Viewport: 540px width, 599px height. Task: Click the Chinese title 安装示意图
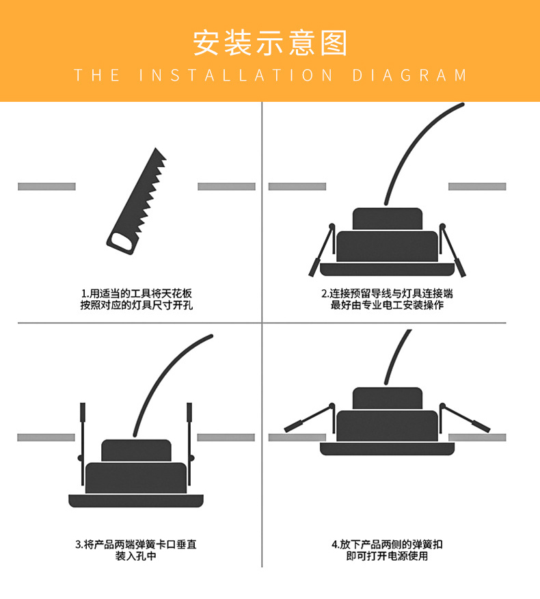[x=270, y=43]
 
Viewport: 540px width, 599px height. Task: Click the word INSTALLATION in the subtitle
[x=236, y=75]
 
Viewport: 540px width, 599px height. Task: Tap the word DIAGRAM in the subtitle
[x=409, y=75]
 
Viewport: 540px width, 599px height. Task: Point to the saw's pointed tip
[x=155, y=148]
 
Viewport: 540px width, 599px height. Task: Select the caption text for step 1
[x=136, y=299]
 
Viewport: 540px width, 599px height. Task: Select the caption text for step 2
[x=387, y=299]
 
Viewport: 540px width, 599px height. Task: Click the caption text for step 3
[x=136, y=550]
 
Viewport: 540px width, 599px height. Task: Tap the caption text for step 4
[x=387, y=550]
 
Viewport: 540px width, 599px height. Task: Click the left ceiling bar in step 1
[x=46, y=187]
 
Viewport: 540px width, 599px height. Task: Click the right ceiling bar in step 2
[x=477, y=187]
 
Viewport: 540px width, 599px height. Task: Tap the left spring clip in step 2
[x=322, y=250]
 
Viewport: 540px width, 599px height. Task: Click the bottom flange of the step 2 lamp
[x=388, y=269]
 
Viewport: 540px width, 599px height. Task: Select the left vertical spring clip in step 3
[x=82, y=444]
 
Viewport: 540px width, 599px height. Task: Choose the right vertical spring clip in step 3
[x=189, y=444]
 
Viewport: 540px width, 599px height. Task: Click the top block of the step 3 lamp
[x=136, y=451]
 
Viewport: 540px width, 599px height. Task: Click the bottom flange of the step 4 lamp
[x=388, y=449]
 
